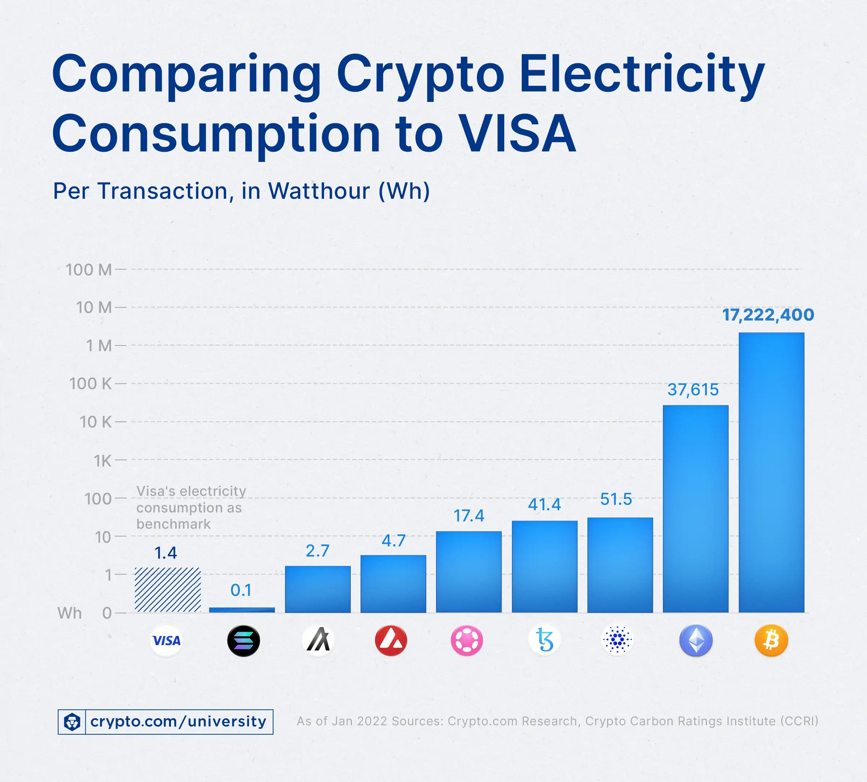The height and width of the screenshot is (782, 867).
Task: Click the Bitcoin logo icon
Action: [771, 640]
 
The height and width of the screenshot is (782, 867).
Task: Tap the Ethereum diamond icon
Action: [696, 640]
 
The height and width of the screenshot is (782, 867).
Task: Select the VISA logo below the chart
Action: [167, 641]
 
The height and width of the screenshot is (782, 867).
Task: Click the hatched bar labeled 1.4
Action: [168, 589]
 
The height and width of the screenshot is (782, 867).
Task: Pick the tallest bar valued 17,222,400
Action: [771, 473]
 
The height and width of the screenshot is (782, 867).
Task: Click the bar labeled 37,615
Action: [696, 509]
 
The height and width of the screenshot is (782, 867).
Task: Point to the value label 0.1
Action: [241, 590]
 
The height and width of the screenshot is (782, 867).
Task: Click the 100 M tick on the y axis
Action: [89, 270]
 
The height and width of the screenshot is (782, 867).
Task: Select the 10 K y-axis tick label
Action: [95, 422]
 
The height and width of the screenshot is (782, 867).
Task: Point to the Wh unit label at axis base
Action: [70, 613]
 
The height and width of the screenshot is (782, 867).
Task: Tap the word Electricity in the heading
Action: [642, 74]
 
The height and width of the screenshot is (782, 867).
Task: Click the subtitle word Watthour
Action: [319, 191]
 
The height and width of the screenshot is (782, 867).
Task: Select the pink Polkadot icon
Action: [467, 640]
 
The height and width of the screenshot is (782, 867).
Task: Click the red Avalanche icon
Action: [391, 640]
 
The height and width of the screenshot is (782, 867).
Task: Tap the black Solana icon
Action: [243, 641]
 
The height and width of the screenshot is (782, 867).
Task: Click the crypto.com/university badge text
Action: [178, 721]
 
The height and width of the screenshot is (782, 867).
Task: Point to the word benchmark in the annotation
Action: [173, 524]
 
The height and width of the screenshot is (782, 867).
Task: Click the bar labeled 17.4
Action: [469, 571]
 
